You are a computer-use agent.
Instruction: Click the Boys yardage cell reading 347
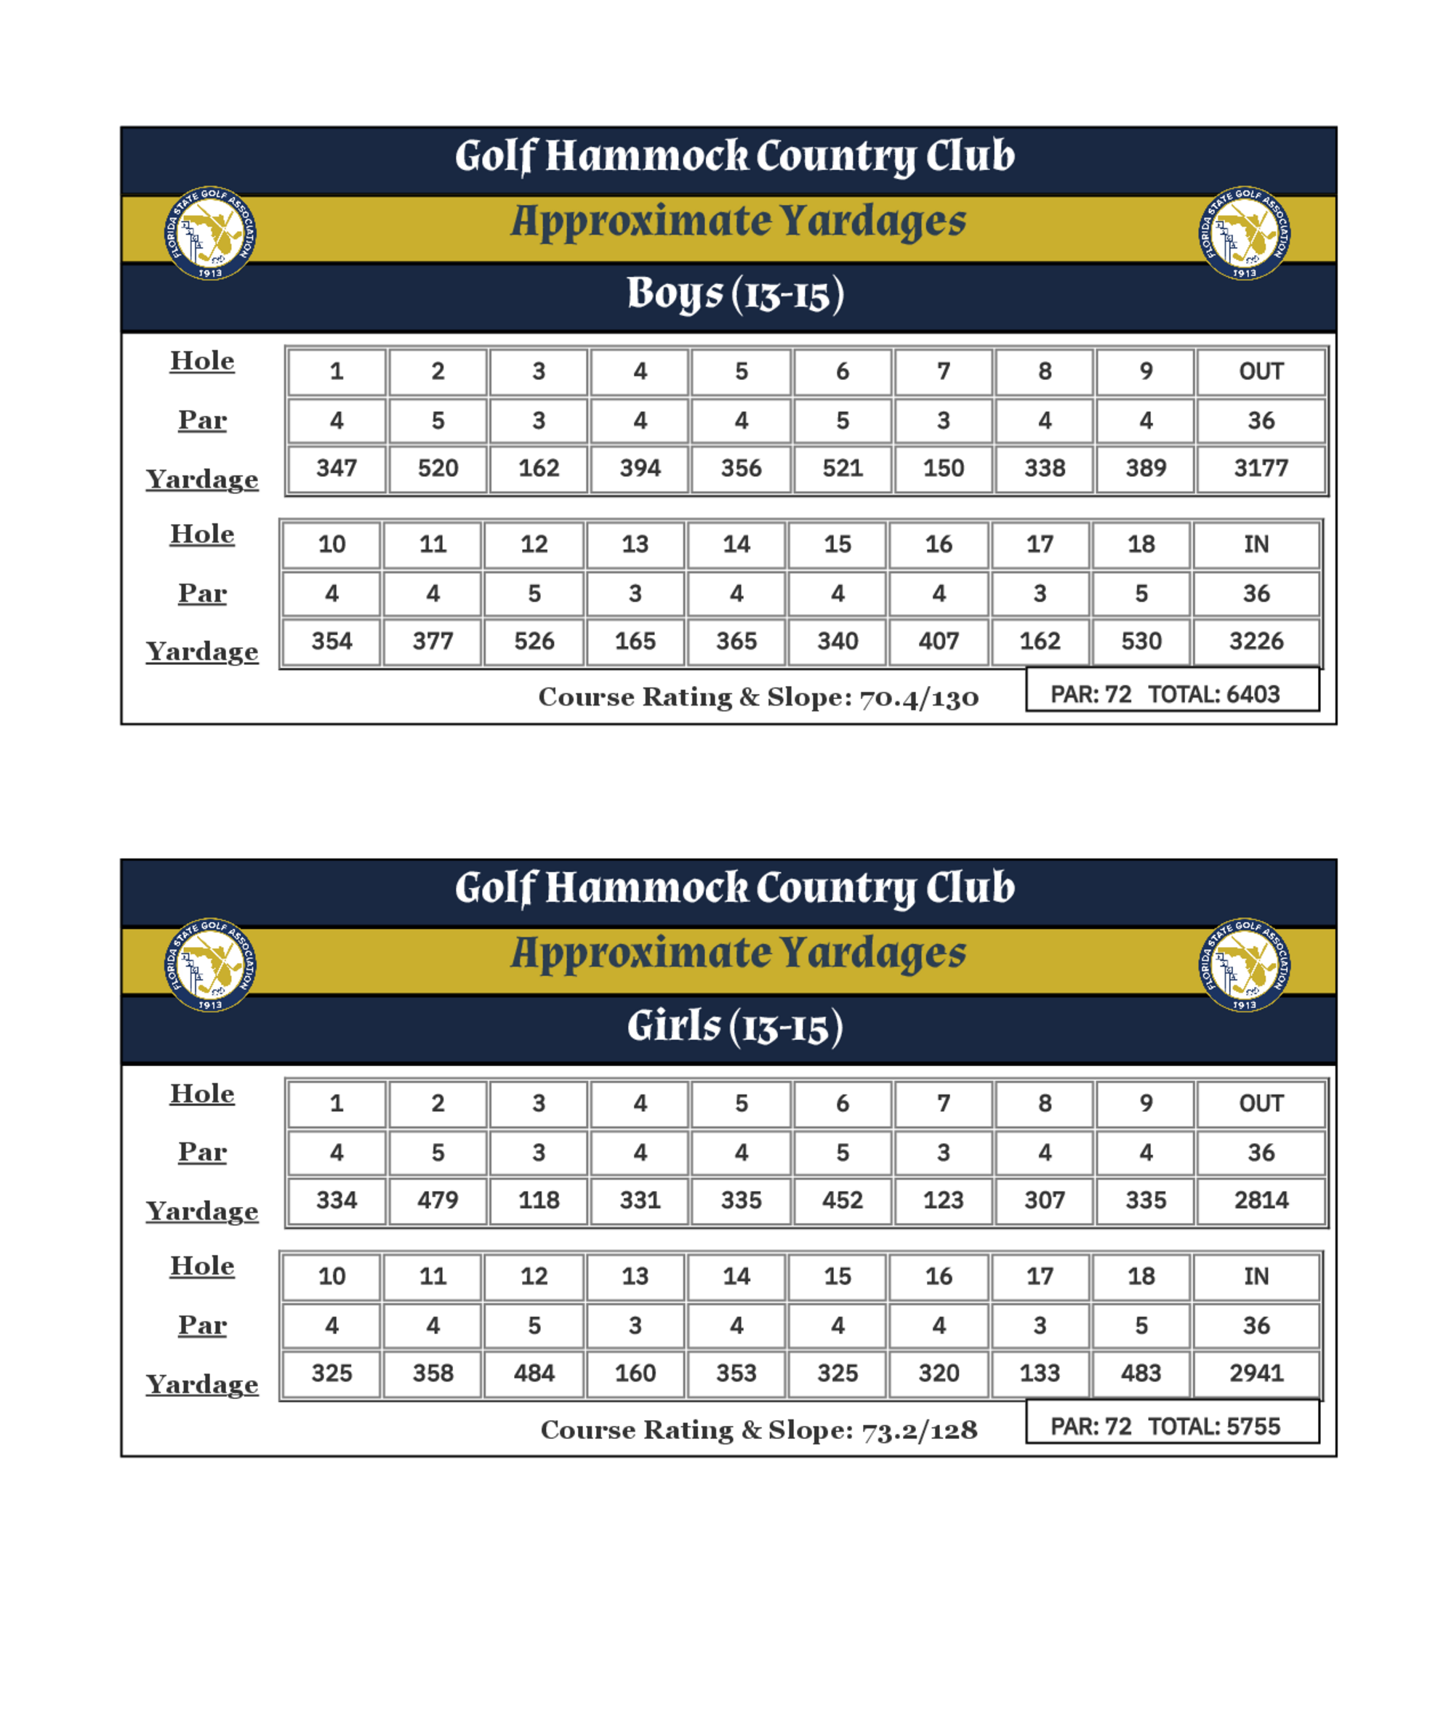click(x=337, y=468)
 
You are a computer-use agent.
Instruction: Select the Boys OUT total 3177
click(x=1261, y=468)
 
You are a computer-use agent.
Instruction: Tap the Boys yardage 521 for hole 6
click(x=842, y=468)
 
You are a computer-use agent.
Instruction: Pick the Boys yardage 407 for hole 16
click(x=938, y=641)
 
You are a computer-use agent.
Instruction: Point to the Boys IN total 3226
click(x=1256, y=641)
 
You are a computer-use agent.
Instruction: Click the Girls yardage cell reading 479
click(x=437, y=1200)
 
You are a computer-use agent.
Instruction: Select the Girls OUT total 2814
click(x=1261, y=1200)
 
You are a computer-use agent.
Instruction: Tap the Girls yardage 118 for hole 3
click(x=538, y=1200)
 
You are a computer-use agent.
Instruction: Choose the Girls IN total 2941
click(x=1256, y=1373)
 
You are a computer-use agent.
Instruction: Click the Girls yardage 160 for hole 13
click(x=635, y=1373)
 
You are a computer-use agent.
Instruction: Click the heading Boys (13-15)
click(x=735, y=294)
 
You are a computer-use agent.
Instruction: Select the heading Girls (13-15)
click(x=735, y=1027)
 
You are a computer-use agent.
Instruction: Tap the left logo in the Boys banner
click(x=210, y=233)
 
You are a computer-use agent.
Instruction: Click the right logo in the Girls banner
click(x=1244, y=965)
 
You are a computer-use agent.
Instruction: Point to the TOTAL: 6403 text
click(x=1213, y=695)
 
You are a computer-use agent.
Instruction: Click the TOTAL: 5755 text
click(x=1213, y=1427)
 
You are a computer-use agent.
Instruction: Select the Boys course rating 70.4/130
click(x=918, y=698)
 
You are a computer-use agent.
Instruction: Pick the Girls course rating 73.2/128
click(x=918, y=1429)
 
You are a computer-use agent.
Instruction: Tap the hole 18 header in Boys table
click(x=1141, y=544)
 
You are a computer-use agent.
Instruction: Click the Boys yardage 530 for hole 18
click(x=1141, y=641)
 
